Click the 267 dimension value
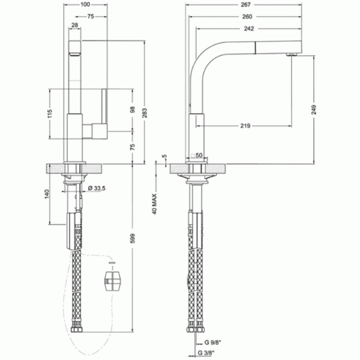245,5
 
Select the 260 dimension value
247,17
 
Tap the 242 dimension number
249,28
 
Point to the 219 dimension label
245,126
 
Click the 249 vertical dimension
314,110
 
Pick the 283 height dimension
145,113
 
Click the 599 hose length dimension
133,239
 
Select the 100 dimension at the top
85,4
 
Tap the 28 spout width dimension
75,25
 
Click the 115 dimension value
50,113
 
